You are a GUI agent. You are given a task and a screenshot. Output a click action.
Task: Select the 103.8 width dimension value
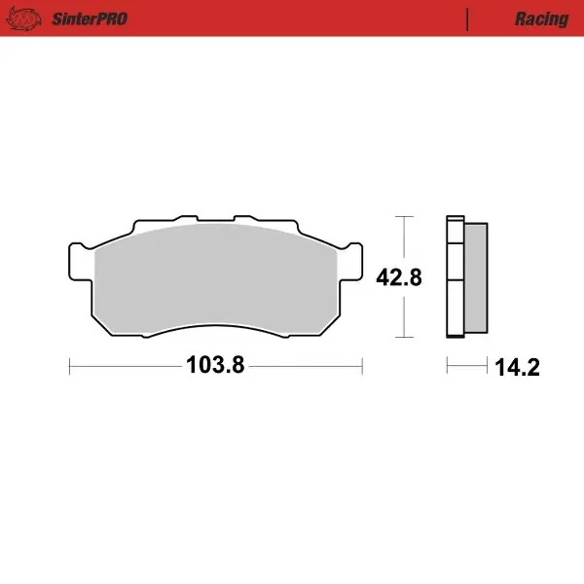(x=214, y=367)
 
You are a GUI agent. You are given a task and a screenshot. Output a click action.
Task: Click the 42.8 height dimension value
(x=399, y=277)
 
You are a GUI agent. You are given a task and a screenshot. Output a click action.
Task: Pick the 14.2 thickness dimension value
(x=517, y=368)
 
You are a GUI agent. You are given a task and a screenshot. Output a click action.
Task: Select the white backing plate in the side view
(x=454, y=277)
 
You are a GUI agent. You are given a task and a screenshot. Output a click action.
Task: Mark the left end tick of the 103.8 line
(x=71, y=367)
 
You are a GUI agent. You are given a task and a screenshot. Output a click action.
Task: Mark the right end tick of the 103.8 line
(x=361, y=367)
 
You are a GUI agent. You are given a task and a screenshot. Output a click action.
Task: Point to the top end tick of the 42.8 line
(x=403, y=216)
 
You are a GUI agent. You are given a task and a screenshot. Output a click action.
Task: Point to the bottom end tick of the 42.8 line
(x=403, y=338)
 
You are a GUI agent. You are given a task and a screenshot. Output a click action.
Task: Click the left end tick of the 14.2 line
(x=447, y=367)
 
